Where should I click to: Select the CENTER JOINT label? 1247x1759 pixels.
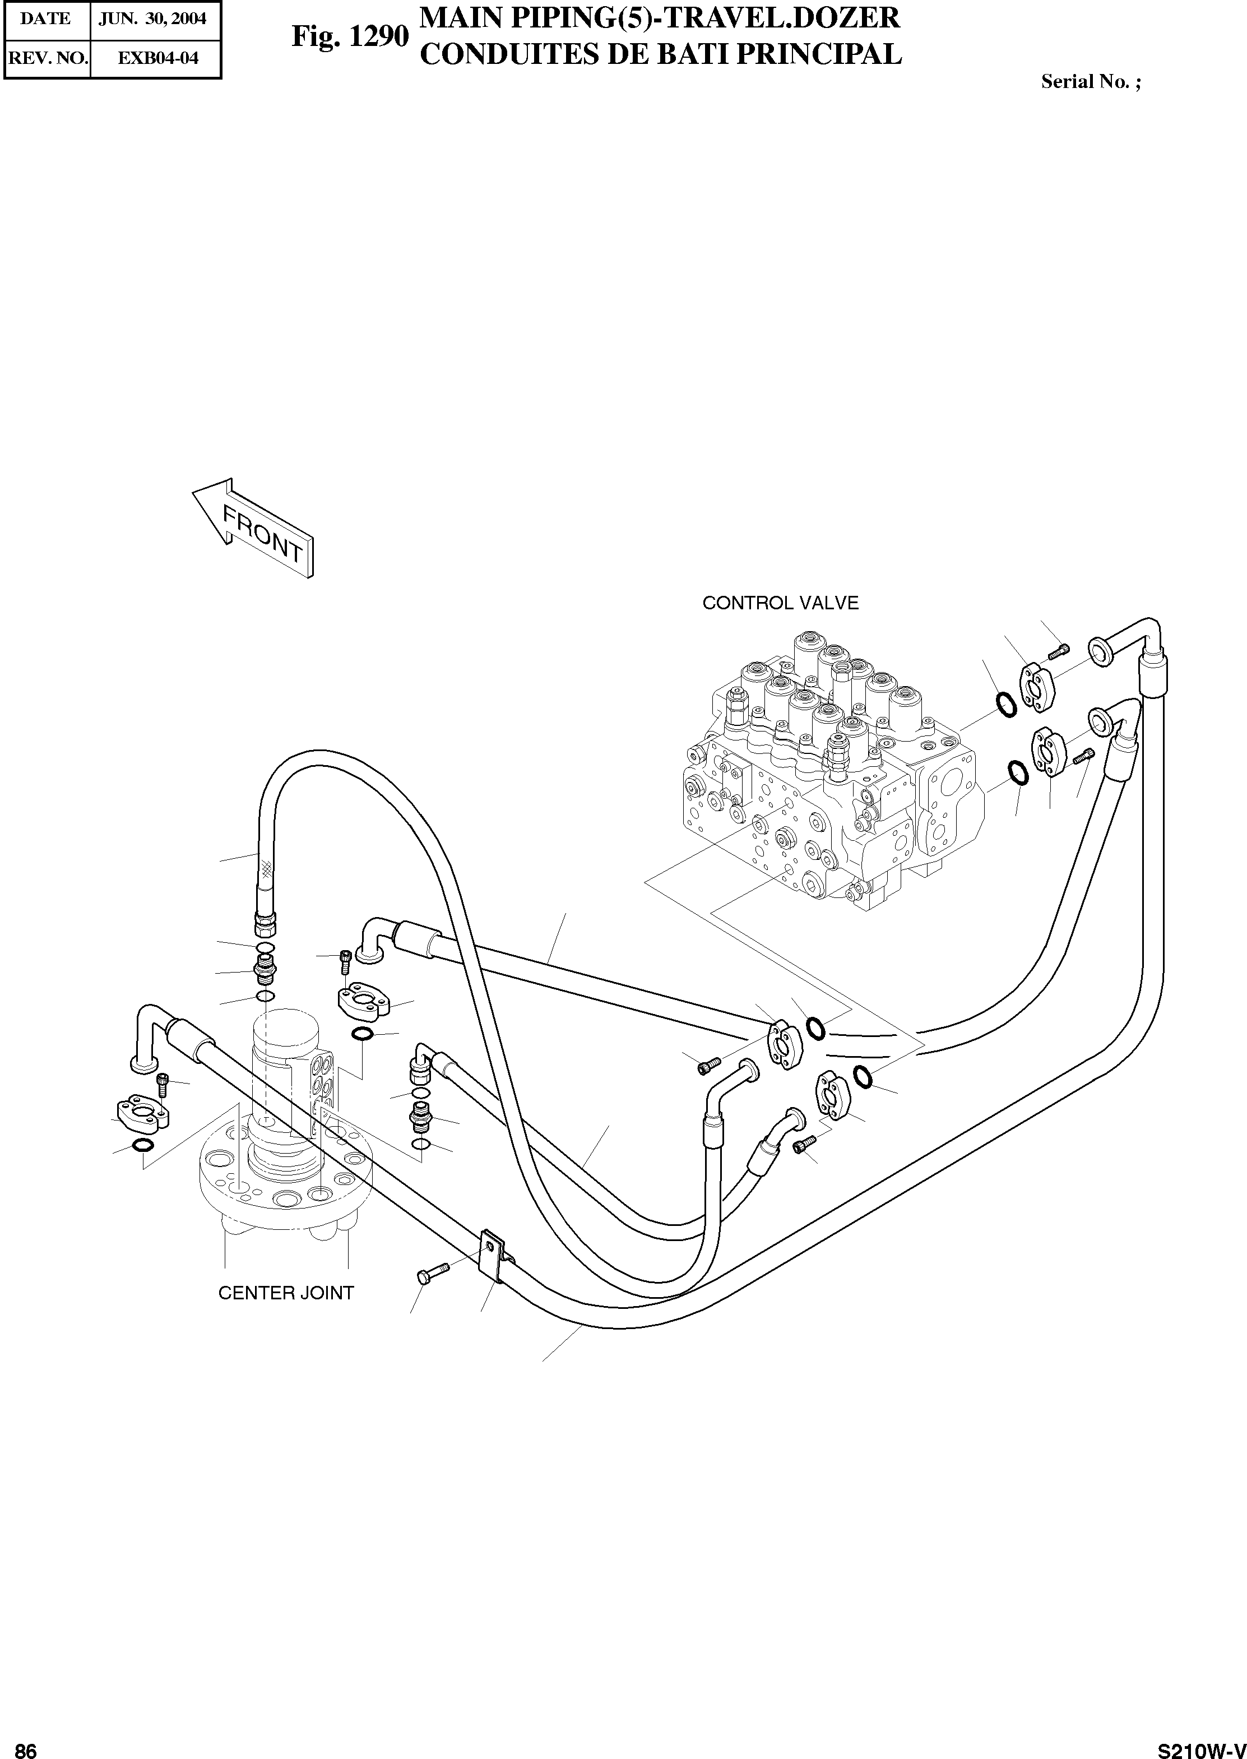coord(286,1293)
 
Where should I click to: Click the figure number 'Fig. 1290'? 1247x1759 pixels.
coord(349,35)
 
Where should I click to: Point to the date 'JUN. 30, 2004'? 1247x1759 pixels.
coord(153,19)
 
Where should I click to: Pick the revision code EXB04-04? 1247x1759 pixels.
coord(157,58)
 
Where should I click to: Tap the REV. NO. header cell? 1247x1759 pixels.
coord(47,58)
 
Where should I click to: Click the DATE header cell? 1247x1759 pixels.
coord(45,19)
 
